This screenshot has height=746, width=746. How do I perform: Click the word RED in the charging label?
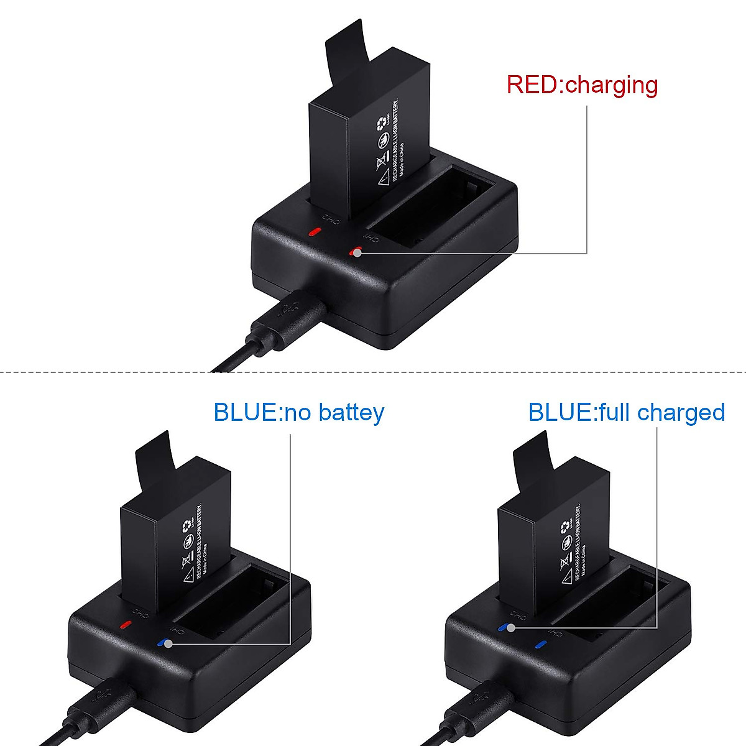[x=532, y=85]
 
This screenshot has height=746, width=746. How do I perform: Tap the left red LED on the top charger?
[x=315, y=233]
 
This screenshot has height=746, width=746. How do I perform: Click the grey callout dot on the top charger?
[x=357, y=252]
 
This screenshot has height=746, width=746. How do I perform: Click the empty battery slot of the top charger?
[x=429, y=205]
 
